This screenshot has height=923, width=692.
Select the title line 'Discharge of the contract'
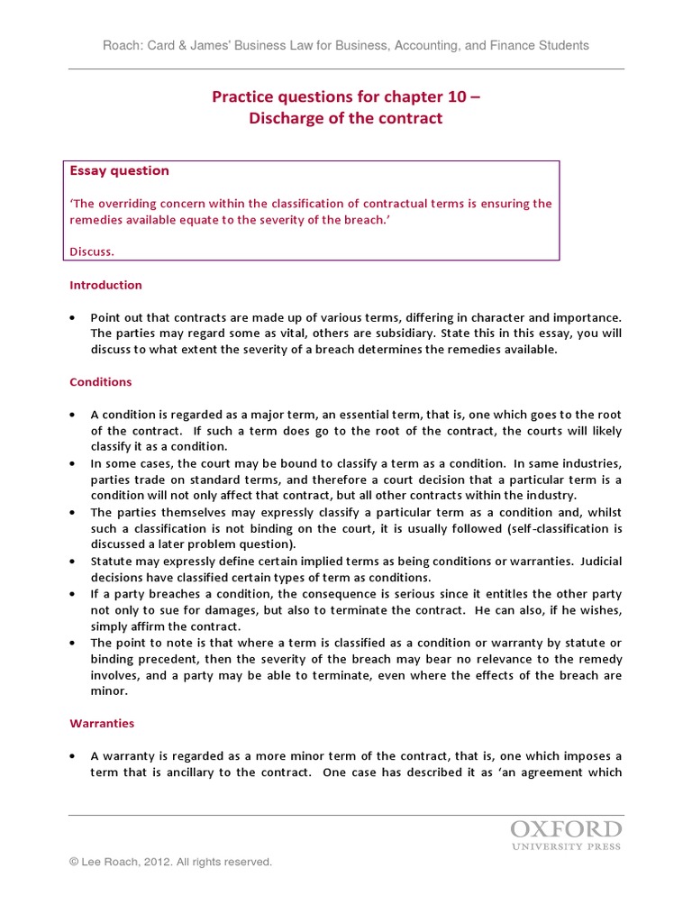[x=346, y=118]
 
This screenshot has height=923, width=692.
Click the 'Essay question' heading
[x=119, y=170]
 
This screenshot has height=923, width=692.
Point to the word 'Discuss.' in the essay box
[x=92, y=251]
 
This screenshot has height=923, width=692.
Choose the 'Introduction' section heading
[x=105, y=285]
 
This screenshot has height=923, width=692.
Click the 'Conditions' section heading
[x=100, y=381]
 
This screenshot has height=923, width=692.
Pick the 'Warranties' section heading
[x=102, y=723]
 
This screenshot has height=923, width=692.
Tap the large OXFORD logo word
[x=566, y=829]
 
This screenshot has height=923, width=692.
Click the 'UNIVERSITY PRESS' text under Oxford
[x=566, y=847]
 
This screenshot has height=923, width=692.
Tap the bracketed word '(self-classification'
[x=567, y=528]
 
